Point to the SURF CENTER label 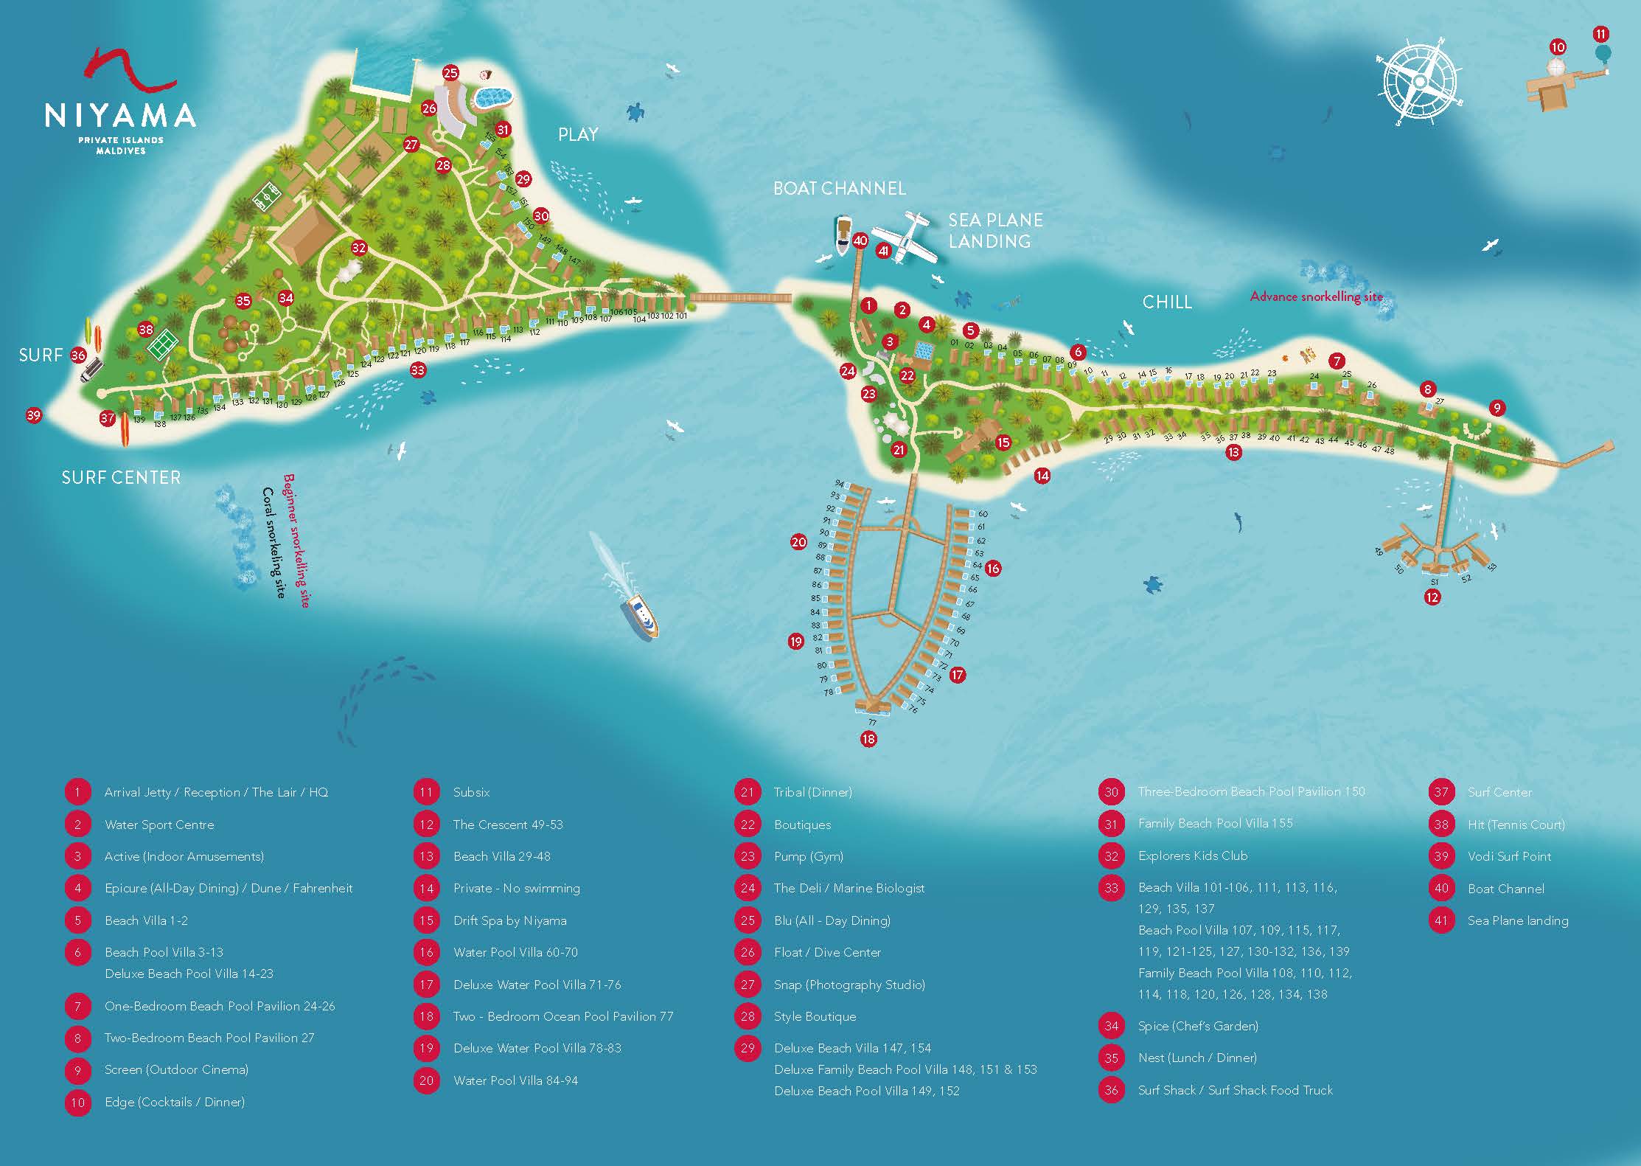121,478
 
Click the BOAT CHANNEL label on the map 839,189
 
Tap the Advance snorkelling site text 1316,296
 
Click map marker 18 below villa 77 868,738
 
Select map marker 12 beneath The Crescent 1432,597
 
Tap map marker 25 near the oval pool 450,73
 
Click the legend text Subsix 471,792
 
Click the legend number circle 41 1440,920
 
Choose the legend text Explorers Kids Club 1192,856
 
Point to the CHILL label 1166,302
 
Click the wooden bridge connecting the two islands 740,298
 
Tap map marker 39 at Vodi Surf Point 33,415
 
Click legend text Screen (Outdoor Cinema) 176,1069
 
